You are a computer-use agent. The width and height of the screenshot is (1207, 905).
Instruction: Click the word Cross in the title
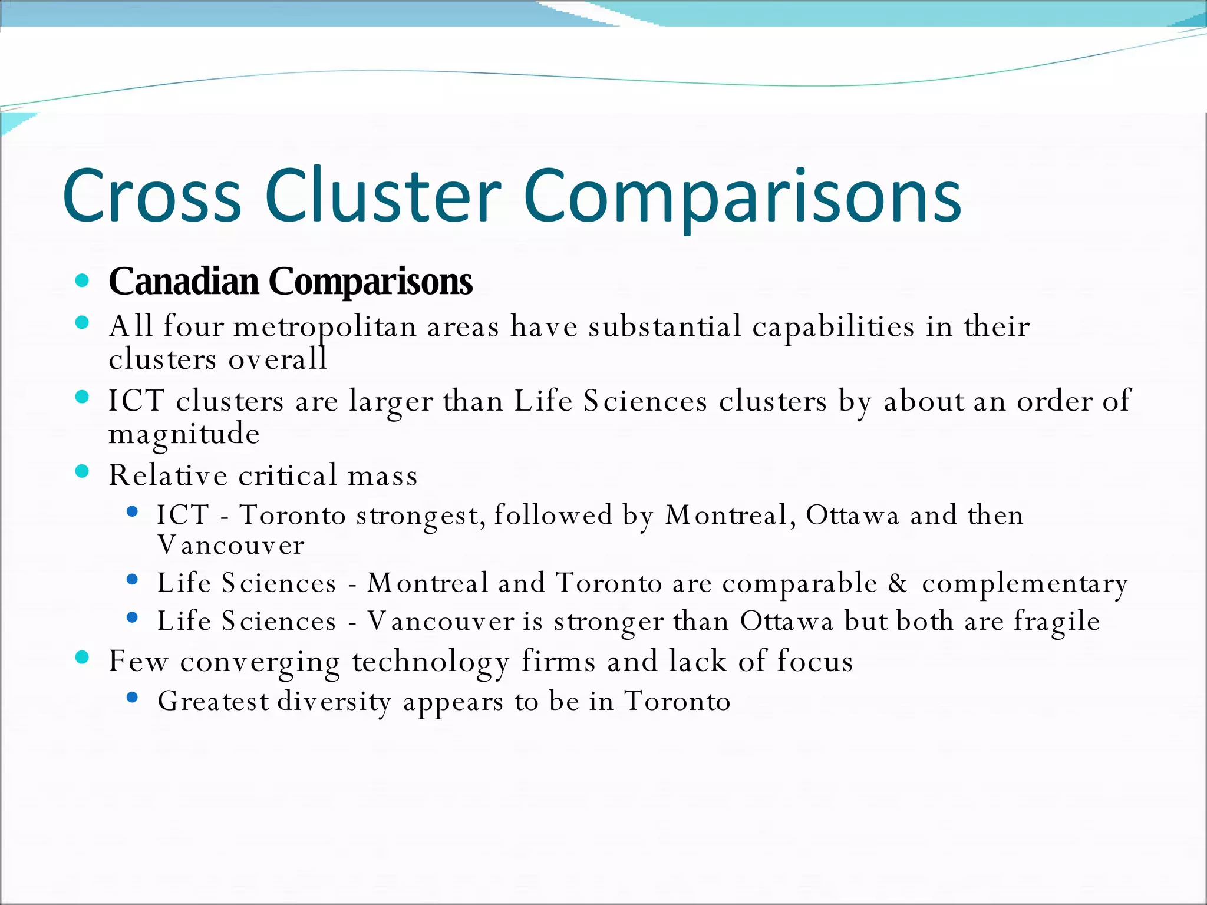click(152, 196)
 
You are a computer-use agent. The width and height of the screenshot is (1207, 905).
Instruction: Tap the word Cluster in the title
click(382, 196)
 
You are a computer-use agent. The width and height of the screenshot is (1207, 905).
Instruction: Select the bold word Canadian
click(184, 281)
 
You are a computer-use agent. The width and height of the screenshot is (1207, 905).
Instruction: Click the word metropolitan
click(325, 328)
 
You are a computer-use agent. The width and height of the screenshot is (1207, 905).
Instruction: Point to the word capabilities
click(833, 328)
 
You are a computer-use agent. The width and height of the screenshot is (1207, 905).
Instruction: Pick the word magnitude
click(184, 435)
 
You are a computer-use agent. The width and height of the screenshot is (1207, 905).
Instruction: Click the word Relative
click(168, 475)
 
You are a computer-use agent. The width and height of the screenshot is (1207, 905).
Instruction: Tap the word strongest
click(421, 516)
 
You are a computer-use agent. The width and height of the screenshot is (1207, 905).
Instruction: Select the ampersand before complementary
click(898, 583)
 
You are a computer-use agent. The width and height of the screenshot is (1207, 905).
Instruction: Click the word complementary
click(1025, 584)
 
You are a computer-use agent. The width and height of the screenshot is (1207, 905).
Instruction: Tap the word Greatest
click(213, 701)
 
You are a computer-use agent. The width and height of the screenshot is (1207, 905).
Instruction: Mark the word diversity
click(334, 702)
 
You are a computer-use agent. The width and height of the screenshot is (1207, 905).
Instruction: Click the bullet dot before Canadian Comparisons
click(83, 280)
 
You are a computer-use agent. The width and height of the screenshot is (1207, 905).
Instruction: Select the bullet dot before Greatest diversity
click(132, 698)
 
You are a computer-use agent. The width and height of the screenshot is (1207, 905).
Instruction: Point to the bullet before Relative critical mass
click(83, 471)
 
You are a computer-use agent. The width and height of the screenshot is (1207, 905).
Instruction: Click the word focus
click(814, 661)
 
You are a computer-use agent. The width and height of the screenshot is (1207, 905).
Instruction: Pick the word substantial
click(664, 326)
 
